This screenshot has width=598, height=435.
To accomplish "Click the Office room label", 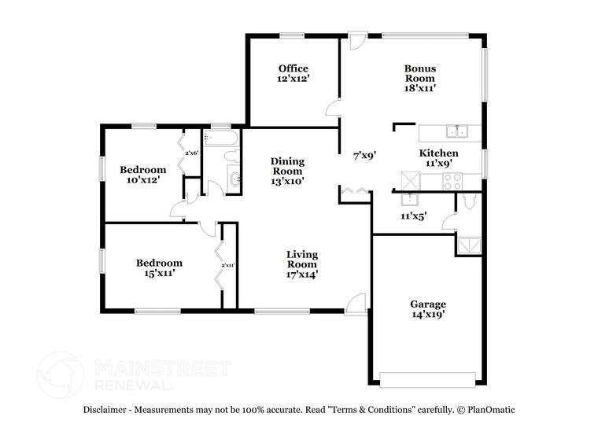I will click(x=293, y=68).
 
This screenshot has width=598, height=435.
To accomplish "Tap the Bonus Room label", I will click(x=420, y=73).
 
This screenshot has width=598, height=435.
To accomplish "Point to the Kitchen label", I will click(x=438, y=153).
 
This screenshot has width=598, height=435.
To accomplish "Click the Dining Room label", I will click(x=287, y=166).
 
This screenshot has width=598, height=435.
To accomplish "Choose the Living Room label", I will click(x=301, y=259).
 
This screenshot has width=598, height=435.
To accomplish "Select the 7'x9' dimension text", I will click(x=363, y=156).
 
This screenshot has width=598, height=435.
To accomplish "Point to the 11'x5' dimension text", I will click(x=413, y=216).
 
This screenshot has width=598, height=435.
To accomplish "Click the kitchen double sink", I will click(x=456, y=131).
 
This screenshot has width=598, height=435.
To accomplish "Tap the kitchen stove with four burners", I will click(x=452, y=181).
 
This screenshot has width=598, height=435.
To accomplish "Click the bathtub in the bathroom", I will click(x=220, y=138).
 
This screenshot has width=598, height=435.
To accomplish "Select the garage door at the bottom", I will click(x=428, y=379).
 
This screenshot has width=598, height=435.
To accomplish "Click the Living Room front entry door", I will click(x=356, y=304).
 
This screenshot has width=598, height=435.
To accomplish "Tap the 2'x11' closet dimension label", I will click(x=228, y=265).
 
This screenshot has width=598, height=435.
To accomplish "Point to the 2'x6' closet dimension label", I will click(x=191, y=153).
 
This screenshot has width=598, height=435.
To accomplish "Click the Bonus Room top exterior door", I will click(x=357, y=39).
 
